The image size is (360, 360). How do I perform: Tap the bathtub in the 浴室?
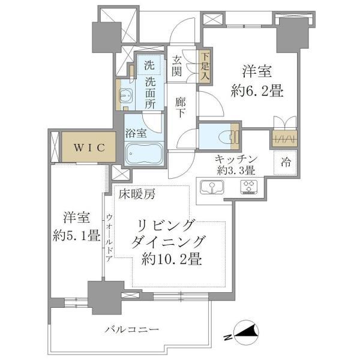(144, 154)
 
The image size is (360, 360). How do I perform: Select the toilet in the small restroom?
(225, 137)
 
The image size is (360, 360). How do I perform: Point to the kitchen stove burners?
(248, 188)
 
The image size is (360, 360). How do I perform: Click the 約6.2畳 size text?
(257, 92)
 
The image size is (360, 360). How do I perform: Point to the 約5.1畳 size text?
(75, 235)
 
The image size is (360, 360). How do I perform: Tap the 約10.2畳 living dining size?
(172, 260)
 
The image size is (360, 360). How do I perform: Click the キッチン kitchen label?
(237, 158)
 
